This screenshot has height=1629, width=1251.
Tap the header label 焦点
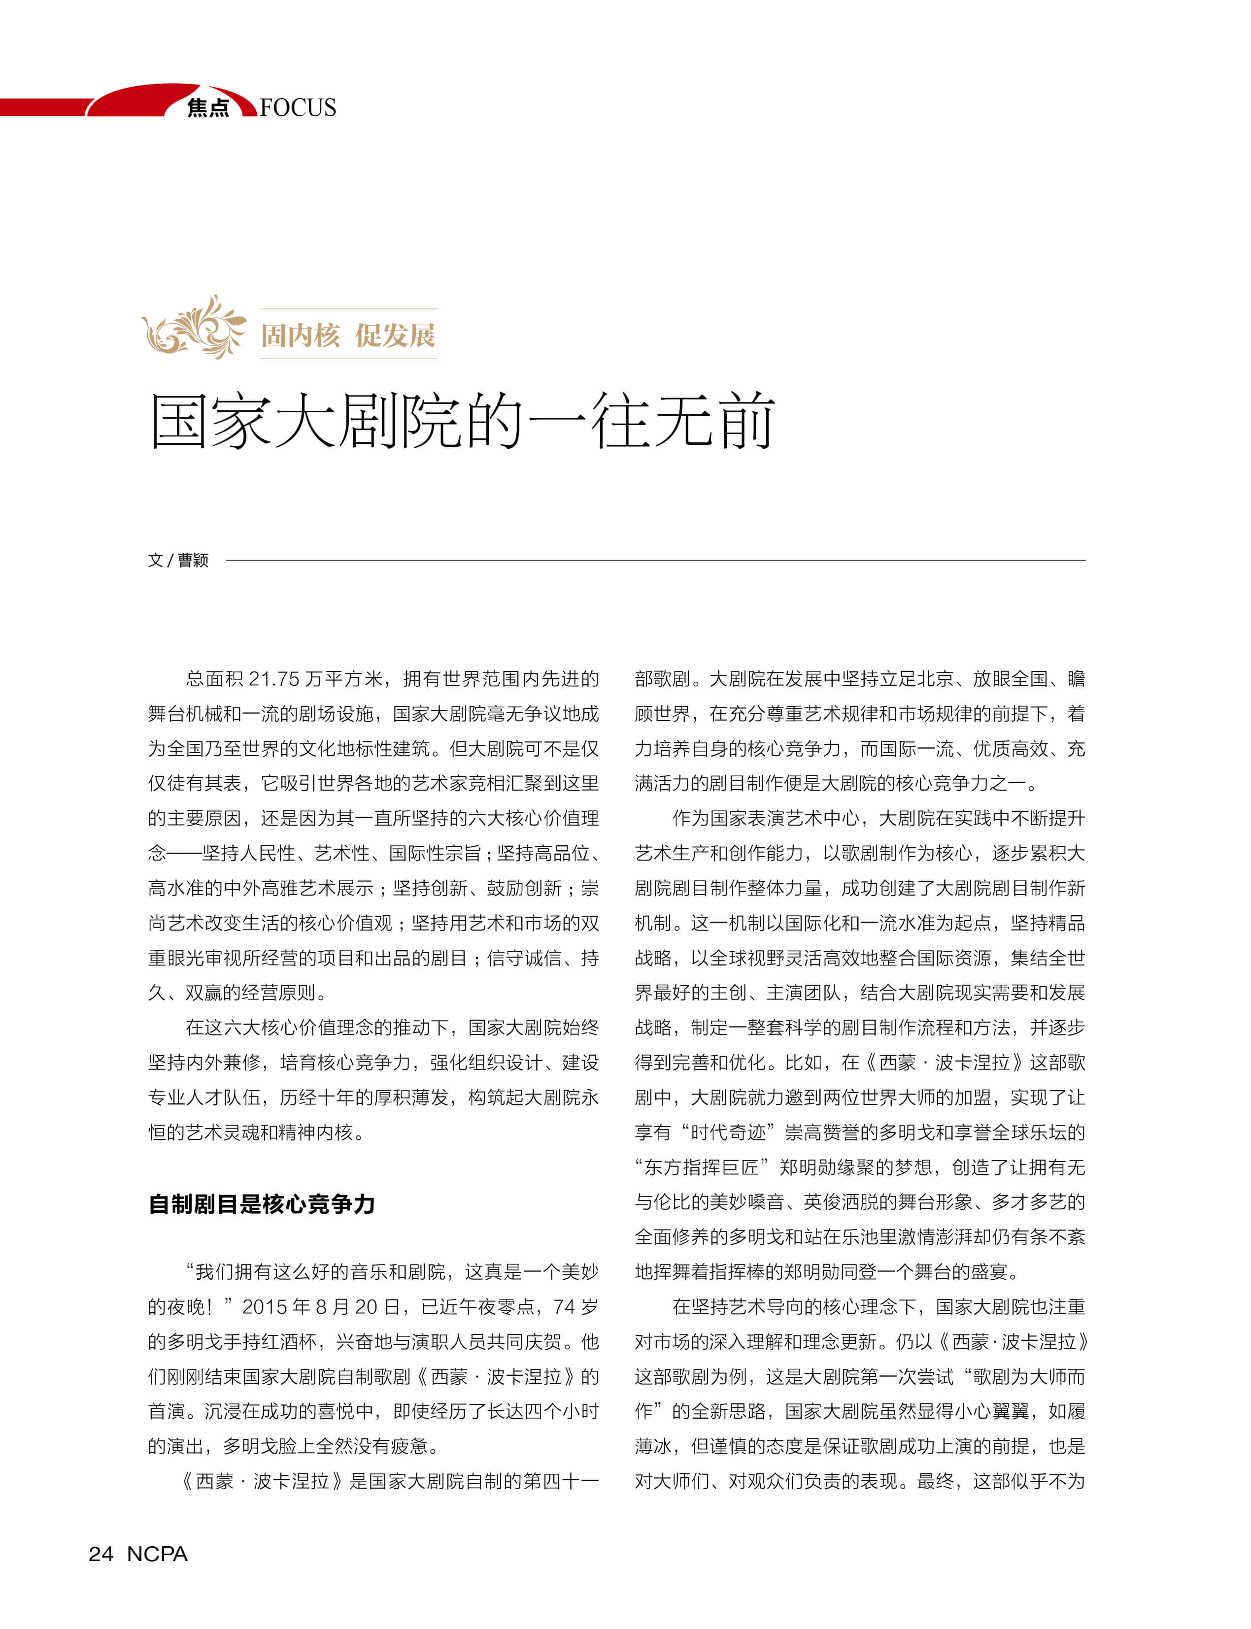(208, 108)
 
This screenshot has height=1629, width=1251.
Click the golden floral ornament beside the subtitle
(194, 328)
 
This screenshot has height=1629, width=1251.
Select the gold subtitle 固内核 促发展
(348, 335)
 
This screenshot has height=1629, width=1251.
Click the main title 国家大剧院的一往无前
(462, 421)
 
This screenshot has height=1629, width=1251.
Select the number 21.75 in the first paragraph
(273, 679)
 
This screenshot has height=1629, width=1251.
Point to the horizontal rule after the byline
(655, 560)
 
